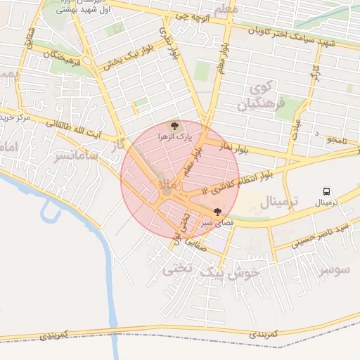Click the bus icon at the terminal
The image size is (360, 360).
pyautogui.click(x=326, y=191)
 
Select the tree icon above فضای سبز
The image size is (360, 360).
pyautogui.click(x=217, y=211)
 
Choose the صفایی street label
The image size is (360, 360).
pyautogui.click(x=193, y=245)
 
